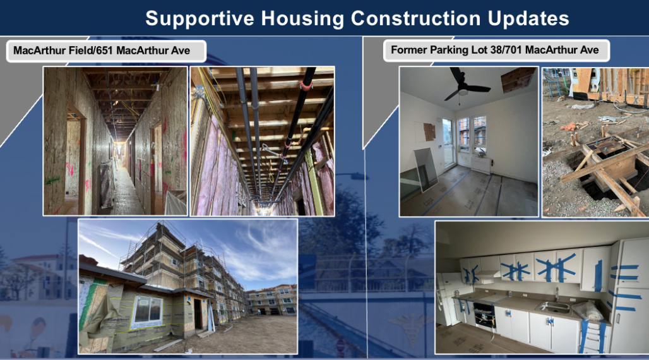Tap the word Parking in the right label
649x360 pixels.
[x=445, y=50]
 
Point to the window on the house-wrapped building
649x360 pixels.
[x=146, y=311]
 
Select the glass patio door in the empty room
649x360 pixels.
[x=448, y=143]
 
